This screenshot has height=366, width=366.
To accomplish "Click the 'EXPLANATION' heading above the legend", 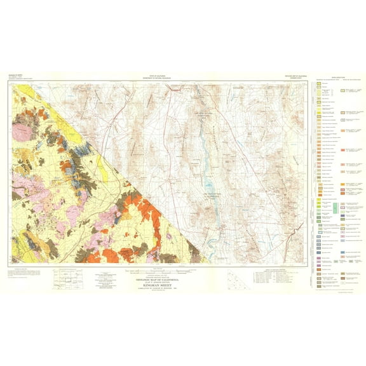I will (330, 75).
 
